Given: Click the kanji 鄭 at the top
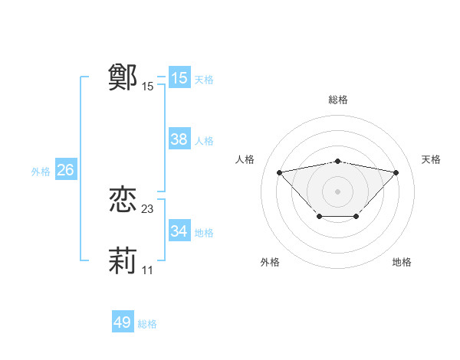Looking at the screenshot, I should coord(123,77).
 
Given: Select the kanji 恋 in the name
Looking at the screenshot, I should coord(123,201).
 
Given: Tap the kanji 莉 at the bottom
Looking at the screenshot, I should coord(123,261).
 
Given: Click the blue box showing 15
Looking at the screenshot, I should coord(179,78).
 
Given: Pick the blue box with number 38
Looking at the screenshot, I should coord(179,139).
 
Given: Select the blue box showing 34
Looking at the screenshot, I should coord(179,231).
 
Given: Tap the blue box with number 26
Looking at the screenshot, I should coord(65,170).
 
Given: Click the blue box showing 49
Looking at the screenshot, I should coord(123,322).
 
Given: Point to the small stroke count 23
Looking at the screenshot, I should coord(148,209).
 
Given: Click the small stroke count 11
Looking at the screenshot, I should coord(148,270).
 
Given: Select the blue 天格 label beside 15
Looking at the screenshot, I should coord(204,80).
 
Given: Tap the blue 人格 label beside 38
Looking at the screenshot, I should coord(204,141).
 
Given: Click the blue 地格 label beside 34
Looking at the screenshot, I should coord(204,233).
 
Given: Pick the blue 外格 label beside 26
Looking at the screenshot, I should coord(41,172).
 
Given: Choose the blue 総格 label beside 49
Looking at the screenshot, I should coord(147,324).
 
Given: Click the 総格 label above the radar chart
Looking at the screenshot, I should coord(337,100).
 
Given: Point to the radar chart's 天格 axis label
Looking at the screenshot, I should coord(431,159).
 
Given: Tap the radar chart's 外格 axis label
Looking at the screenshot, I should coord(270,262).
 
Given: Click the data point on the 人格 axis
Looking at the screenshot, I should coord(279,172).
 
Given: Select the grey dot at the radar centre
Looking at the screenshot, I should coord(337,191).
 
